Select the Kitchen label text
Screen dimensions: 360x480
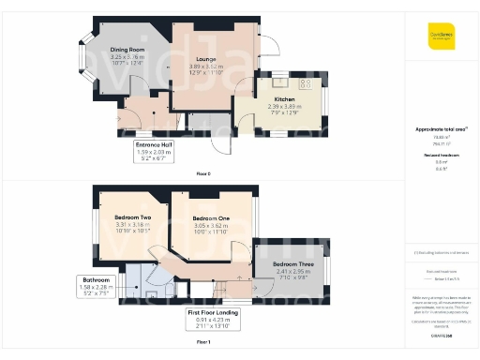(284, 98)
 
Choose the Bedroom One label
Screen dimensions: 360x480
(210, 218)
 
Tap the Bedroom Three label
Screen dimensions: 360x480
(292, 264)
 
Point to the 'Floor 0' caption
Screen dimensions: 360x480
(202, 174)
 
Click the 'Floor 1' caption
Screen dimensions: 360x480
(202, 344)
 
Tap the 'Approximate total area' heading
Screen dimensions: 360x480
(440, 128)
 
